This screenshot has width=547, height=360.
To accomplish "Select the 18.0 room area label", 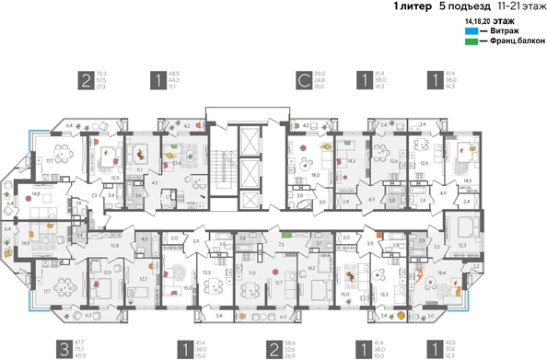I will (314, 174).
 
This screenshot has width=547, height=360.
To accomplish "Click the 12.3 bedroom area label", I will (461, 244).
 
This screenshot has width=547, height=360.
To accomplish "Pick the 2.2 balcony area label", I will (476, 265).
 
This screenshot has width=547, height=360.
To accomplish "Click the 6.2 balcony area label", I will (88, 314).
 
